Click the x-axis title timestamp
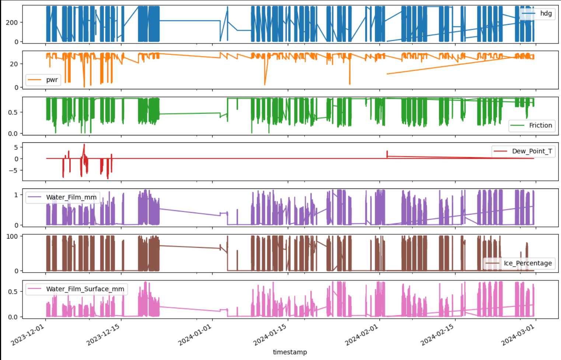tap(290, 352)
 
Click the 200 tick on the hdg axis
tap(12, 22)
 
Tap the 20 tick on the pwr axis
tap(14, 64)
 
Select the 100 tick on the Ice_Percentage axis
tap(12, 236)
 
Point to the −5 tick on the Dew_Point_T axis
tap(13, 170)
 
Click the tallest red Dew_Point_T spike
tap(84, 145)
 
